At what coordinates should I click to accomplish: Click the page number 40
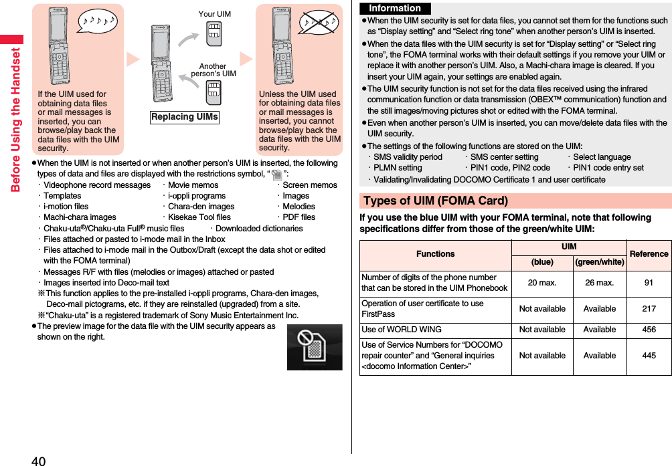[x=38, y=460]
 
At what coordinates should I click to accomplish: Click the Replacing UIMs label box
[x=185, y=117]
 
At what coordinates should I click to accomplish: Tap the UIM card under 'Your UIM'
[x=214, y=33]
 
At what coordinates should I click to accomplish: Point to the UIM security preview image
[x=315, y=347]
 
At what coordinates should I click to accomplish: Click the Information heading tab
[x=395, y=9]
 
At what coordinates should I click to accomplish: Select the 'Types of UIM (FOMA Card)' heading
[x=436, y=201]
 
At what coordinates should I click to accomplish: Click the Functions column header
[x=435, y=254]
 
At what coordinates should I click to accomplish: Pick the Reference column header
[x=649, y=254]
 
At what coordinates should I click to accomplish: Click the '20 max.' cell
[x=542, y=283]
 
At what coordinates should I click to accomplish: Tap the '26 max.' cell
[x=600, y=283]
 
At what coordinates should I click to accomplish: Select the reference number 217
[x=649, y=309]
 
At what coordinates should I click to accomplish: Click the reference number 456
[x=649, y=330]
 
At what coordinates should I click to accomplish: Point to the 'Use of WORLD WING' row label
[x=402, y=330]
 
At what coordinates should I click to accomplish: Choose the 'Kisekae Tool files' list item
[x=199, y=217]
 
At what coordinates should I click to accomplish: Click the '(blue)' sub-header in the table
[x=542, y=262]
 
